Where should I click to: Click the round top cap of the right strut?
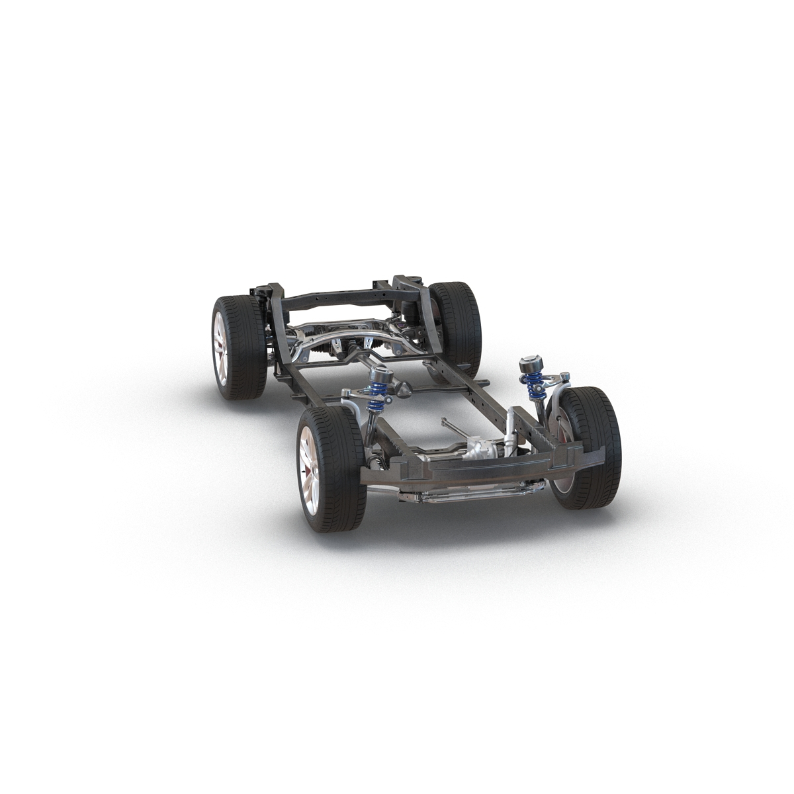tap(530, 364)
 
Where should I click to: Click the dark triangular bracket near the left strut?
tap(398, 391)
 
